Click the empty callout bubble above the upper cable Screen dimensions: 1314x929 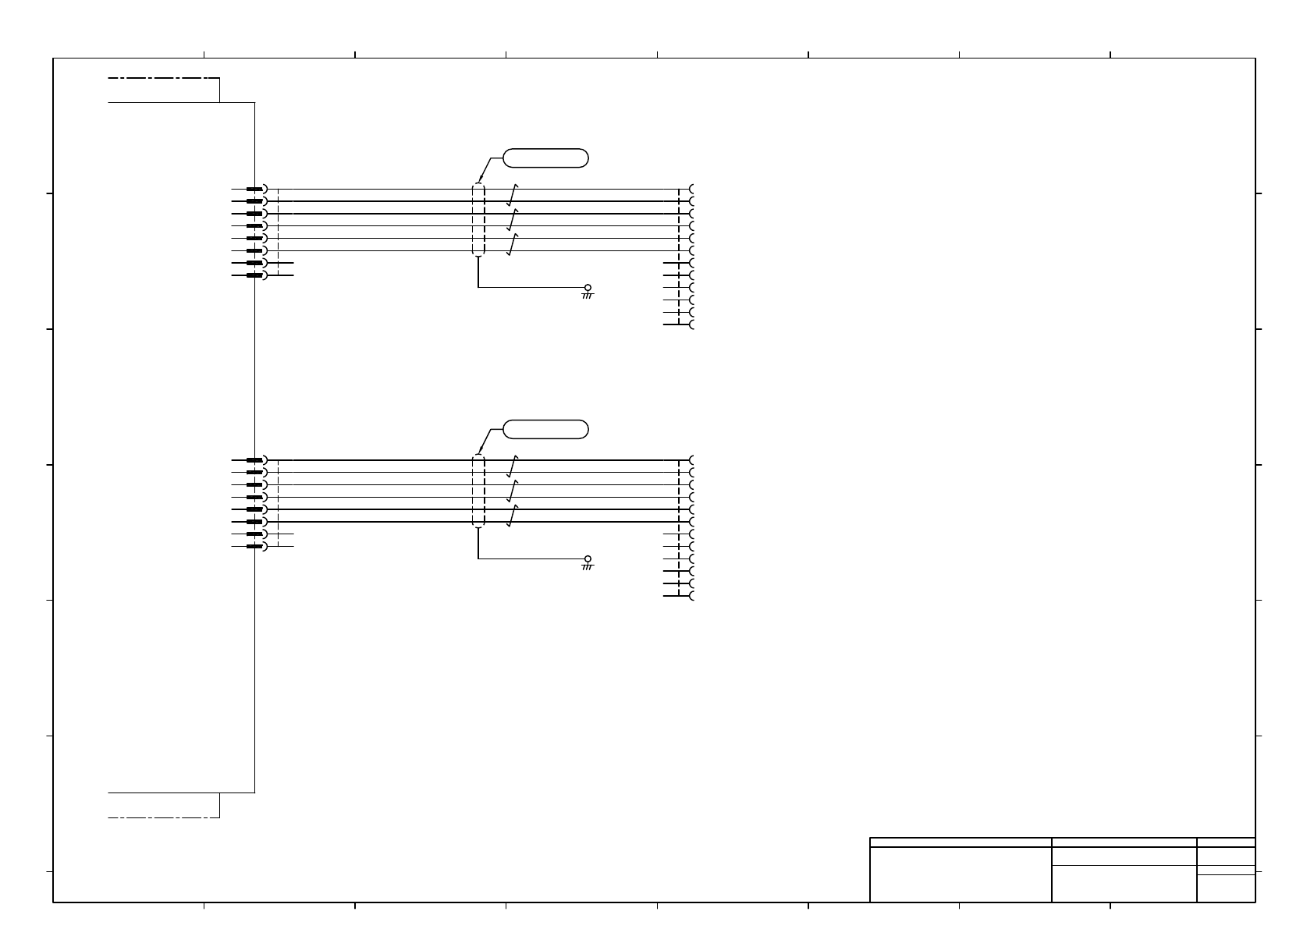click(x=545, y=158)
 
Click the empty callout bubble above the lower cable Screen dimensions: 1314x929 click(x=545, y=429)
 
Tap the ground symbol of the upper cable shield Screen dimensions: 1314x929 click(x=588, y=291)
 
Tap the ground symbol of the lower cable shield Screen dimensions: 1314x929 click(x=588, y=562)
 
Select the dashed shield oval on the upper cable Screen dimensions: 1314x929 click(x=478, y=220)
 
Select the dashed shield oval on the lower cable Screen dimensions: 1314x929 click(x=478, y=491)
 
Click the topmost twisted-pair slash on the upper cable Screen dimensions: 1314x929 click(x=513, y=194)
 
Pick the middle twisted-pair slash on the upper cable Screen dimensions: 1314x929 click(x=513, y=219)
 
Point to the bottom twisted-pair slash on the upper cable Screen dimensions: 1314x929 click(x=513, y=244)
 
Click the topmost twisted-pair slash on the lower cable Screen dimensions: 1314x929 click(x=513, y=466)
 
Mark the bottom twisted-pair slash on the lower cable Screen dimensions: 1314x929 click(x=513, y=516)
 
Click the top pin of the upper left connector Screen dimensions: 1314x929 click(x=255, y=189)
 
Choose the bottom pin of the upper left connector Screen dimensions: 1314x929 click(x=255, y=275)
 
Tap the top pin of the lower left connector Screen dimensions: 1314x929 click(x=255, y=460)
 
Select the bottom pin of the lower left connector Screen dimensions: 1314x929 click(x=255, y=546)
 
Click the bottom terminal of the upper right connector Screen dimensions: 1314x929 click(x=691, y=324)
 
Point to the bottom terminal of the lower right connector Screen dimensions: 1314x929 click(x=691, y=596)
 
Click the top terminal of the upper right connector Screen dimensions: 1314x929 click(x=691, y=190)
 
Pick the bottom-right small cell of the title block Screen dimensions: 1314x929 click(x=1226, y=888)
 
